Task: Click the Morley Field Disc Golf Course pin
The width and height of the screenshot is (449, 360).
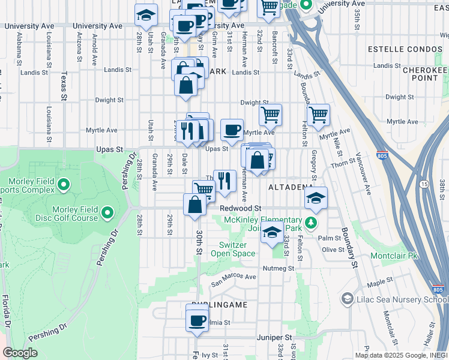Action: pyautogui.click(x=107, y=212)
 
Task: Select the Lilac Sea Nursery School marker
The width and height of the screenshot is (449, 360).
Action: pyautogui.click(x=347, y=298)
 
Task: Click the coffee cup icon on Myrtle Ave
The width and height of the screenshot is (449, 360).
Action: pyautogui.click(x=232, y=130)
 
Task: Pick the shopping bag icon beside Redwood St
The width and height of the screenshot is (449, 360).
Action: pyautogui.click(x=196, y=205)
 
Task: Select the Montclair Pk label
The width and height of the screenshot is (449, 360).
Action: pyautogui.click(x=394, y=255)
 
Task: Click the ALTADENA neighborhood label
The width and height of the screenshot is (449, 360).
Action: pyautogui.click(x=289, y=187)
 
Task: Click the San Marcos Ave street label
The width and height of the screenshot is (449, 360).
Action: pyautogui.click(x=233, y=277)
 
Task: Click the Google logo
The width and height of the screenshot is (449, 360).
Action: pyautogui.click(x=20, y=353)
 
